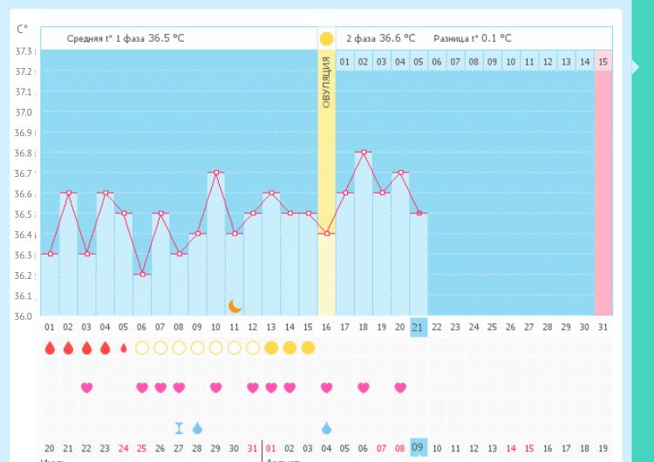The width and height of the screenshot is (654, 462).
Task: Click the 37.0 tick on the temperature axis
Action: pos(24,112)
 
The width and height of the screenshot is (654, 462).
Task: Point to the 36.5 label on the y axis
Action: pos(24,214)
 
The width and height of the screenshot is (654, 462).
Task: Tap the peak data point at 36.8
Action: pos(364,152)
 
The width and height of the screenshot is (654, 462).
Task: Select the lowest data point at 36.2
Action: pos(142,274)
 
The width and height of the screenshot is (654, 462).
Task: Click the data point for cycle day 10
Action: pos(215,173)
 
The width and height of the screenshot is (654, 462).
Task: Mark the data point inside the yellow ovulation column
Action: pos(326,233)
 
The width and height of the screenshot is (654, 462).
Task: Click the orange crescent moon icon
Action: pos(235,305)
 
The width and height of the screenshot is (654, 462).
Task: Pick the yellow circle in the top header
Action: pos(326,38)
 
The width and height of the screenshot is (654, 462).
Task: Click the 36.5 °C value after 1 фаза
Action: pos(166,38)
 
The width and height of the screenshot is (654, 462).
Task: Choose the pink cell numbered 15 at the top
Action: pos(603,62)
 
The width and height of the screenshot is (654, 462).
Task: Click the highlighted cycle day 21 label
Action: pos(419,327)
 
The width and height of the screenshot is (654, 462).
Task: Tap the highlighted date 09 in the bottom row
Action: pos(419,448)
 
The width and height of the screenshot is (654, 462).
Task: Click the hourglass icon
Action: pos(179,428)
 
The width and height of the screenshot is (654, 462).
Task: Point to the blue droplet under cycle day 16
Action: pos(326,428)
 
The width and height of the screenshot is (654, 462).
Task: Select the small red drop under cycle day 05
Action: pos(123,348)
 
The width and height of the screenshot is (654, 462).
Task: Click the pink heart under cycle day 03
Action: pos(86,388)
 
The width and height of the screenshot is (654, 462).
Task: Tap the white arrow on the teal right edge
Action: pos(636,66)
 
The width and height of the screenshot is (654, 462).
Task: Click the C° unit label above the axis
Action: pos(23,29)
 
